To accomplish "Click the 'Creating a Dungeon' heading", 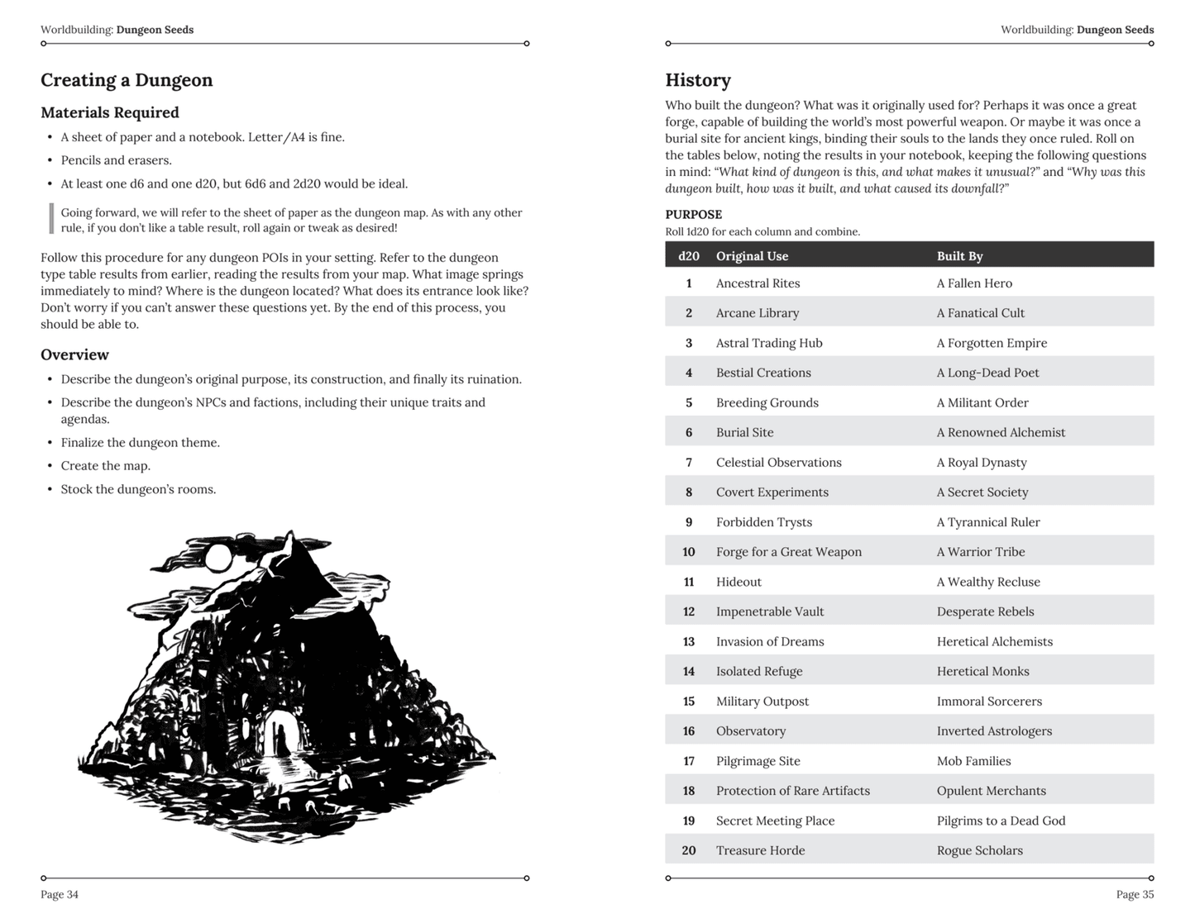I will [x=127, y=80].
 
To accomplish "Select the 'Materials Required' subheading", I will [x=110, y=112].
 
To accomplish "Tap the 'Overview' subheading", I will [x=74, y=354].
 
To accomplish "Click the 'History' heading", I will [x=698, y=80].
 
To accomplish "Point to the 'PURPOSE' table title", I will [x=693, y=214].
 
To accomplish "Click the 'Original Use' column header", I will [x=752, y=255].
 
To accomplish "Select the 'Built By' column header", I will [x=959, y=255].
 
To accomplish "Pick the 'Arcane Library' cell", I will [x=758, y=313].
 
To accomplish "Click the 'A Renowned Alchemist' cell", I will [x=1001, y=432].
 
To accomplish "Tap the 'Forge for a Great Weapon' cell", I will [x=788, y=552].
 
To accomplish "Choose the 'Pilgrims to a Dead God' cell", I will [x=1001, y=821].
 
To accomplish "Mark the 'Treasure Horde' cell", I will [x=760, y=850].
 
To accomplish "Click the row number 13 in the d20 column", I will [x=688, y=641].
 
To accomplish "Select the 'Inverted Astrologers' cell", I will [x=994, y=731].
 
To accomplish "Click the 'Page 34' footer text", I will [x=60, y=894].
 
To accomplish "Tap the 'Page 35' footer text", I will [x=1135, y=894].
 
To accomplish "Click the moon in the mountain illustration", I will [x=217, y=558].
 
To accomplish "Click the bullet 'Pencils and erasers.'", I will [x=116, y=160].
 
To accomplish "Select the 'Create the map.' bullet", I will [x=105, y=466].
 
